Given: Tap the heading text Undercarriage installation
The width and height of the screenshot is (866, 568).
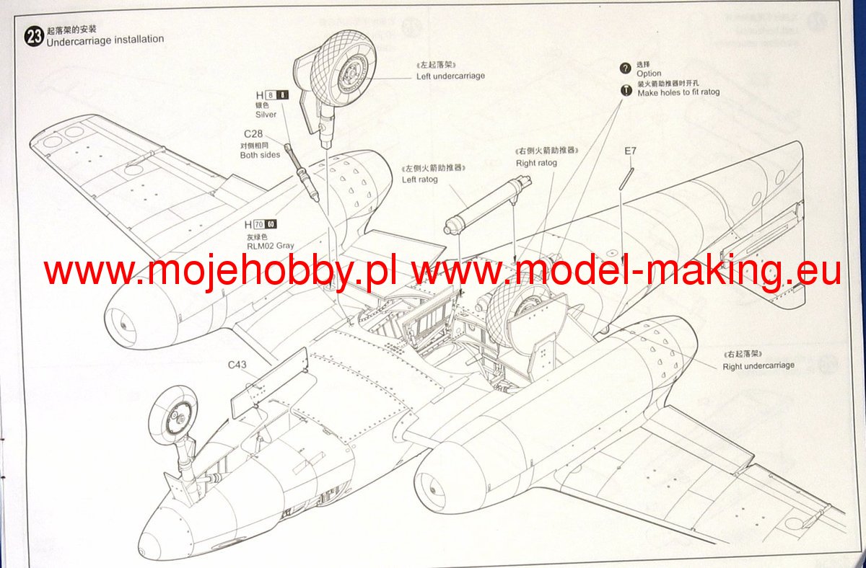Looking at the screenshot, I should (x=105, y=40).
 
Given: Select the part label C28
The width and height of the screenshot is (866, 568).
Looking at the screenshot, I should (x=253, y=134).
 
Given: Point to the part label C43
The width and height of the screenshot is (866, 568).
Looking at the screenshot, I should (x=237, y=365).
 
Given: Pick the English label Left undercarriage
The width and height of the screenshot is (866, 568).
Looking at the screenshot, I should (x=450, y=76).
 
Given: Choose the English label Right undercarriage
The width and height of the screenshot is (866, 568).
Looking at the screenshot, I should (x=758, y=365).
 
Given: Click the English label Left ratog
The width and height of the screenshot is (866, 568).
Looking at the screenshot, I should (x=420, y=179).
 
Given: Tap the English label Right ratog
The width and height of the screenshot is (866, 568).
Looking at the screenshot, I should (x=536, y=163).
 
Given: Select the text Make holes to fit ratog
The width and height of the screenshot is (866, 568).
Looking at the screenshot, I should (x=678, y=92).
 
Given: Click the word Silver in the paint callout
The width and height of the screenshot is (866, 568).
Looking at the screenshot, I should (x=266, y=115).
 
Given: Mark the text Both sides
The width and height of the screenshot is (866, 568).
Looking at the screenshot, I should (x=260, y=155).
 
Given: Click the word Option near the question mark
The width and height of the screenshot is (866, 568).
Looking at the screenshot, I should (x=649, y=74).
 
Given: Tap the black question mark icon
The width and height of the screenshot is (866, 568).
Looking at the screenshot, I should (x=626, y=68).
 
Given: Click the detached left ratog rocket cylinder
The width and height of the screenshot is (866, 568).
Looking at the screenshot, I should (x=480, y=204).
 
